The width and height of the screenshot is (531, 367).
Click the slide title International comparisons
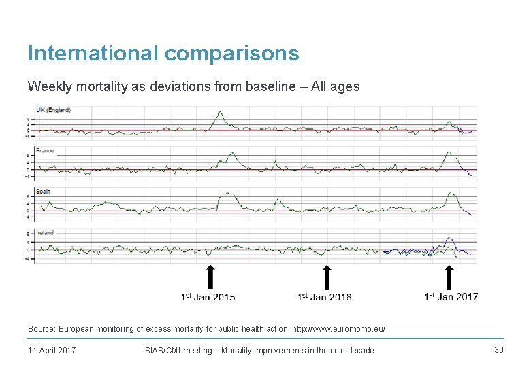pos(163,53)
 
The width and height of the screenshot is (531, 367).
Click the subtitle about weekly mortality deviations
pos(193,87)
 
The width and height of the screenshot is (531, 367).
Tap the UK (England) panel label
pos(53,110)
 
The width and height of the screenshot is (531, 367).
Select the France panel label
pos(46,150)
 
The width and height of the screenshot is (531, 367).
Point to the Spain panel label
pos(44,192)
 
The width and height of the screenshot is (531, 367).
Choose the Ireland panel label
pos(46,233)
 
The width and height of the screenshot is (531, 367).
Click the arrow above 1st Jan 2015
pos(211,277)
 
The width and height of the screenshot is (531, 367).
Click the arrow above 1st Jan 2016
pos(327,277)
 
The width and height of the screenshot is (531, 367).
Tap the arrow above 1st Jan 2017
pos(449,277)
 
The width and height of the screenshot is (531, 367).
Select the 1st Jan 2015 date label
pos(208,297)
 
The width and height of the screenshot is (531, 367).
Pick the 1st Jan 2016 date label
pos(324,297)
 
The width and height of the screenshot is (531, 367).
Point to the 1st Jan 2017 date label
pos(451,296)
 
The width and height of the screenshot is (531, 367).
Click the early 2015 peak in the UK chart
pos(219,113)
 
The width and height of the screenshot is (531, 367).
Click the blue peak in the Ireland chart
pos(449,238)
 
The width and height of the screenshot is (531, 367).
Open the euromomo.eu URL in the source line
pos(338,329)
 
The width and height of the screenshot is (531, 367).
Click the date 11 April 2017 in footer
pos(52,350)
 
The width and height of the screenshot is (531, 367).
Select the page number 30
pos(498,349)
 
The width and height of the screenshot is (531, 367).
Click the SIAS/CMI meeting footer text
pos(259,350)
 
